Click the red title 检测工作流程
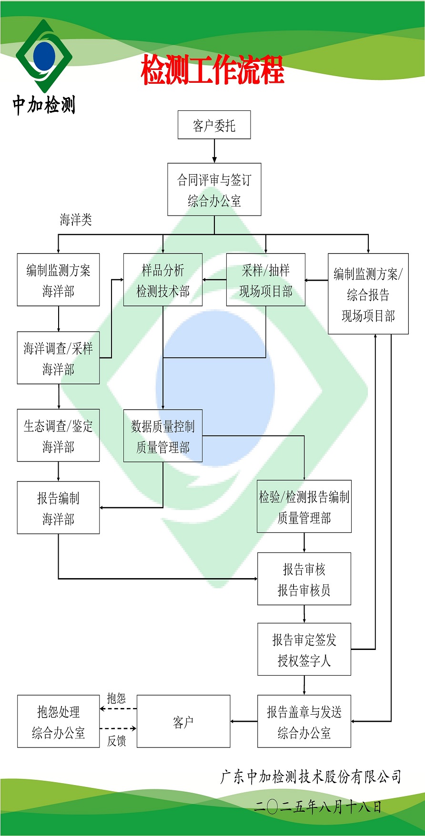[212, 70]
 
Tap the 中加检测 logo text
[44, 105]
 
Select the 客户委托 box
[214, 125]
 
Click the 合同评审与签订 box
[214, 190]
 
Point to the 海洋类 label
[76, 220]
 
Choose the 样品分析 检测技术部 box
[163, 280]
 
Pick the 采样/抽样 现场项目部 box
[265, 280]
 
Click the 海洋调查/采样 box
[58, 358]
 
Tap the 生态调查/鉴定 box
[58, 435]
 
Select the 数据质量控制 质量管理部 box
[163, 436]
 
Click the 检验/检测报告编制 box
[304, 507]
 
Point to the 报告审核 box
[304, 579]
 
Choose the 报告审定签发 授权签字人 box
[304, 649]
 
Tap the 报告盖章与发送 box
[304, 721]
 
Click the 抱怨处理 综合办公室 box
[58, 721]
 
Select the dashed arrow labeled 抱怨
[118, 709]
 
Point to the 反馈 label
[116, 741]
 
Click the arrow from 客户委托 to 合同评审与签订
[214, 151]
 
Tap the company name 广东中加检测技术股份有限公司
[311, 777]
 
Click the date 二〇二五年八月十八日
[318, 806]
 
